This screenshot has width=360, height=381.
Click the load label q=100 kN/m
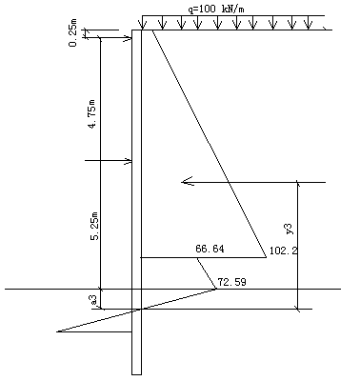(216, 10)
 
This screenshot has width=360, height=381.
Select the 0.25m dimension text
(72, 32)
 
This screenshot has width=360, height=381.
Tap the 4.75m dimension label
(92, 114)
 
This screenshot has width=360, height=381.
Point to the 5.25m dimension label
(95, 225)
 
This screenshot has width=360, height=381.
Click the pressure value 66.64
(210, 249)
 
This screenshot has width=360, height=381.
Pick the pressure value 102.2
(284, 251)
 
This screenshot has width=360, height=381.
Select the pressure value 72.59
(231, 282)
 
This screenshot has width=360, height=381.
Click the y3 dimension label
(289, 229)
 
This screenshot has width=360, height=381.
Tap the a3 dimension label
(93, 300)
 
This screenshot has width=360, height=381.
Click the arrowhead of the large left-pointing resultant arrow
(187, 182)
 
